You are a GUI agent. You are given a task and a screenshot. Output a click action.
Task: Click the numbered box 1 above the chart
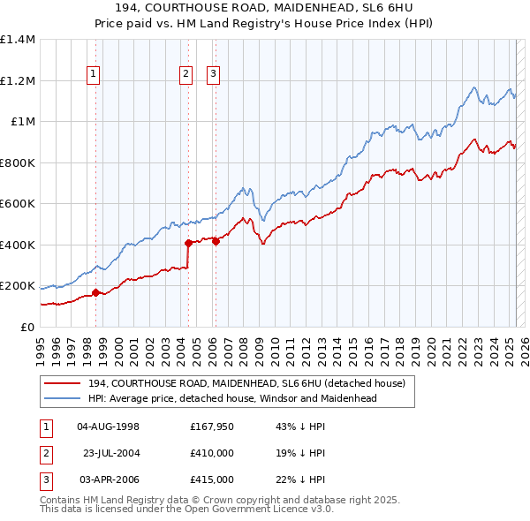tap(93, 75)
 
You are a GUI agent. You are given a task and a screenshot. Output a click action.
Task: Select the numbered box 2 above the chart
tap(186, 75)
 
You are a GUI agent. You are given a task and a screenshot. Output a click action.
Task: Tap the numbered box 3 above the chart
tap(214, 75)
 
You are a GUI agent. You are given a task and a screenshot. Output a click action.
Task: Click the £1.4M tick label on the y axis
tap(18, 40)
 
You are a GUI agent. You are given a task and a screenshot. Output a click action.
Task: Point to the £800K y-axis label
tap(17, 162)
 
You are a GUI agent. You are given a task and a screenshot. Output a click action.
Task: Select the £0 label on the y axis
tap(27, 327)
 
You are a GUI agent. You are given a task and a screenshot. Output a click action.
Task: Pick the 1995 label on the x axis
tap(41, 346)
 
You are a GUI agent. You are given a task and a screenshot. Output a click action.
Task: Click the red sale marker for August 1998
tap(95, 293)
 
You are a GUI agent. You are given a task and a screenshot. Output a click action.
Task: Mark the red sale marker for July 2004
tap(188, 243)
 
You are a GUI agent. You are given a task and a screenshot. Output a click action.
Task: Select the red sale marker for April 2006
tap(216, 242)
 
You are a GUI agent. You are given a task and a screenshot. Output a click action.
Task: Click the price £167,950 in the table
tap(211, 427)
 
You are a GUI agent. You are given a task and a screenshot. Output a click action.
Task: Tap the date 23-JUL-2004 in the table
tap(110, 453)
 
